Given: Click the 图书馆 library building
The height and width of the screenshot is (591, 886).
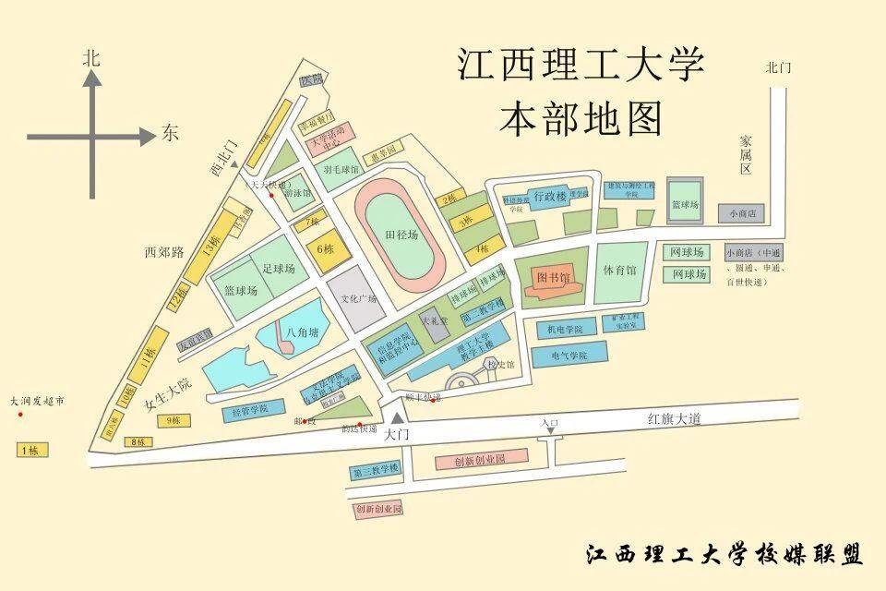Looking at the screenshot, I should click(555, 278).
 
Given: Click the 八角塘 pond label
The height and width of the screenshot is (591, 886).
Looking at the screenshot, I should click(302, 332).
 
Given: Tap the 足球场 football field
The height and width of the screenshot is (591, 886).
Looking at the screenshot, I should click(278, 269).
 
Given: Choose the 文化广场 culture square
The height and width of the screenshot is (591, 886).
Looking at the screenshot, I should click(360, 298).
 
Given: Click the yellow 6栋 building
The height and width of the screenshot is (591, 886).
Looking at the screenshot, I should click(324, 248).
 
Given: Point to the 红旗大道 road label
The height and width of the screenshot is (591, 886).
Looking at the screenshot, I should click(675, 419).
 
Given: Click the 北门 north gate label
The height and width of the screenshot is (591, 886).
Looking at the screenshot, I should click(779, 67).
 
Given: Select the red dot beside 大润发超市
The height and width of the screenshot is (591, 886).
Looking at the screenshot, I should click(20, 415).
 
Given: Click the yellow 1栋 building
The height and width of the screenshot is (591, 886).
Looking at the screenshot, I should click(29, 451).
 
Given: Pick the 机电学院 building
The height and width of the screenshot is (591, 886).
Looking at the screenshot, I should click(566, 329).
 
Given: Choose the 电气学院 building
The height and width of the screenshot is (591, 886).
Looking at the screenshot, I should click(569, 355).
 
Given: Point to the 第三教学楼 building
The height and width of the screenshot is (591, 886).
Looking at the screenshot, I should click(375, 469).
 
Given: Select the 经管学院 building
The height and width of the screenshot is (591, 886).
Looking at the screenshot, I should click(249, 408).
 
